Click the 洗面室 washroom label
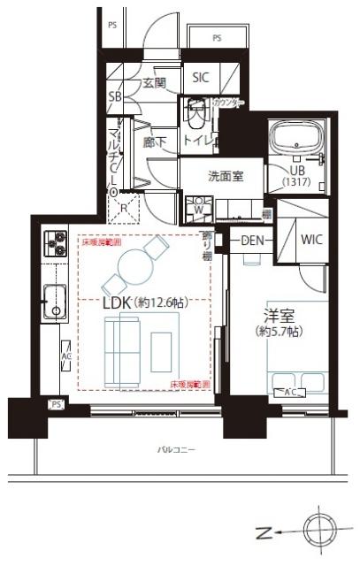[x=226, y=176]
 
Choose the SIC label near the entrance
[x=201, y=78]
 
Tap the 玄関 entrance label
[x=154, y=84]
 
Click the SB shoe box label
[x=115, y=96]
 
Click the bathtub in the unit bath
[x=299, y=141]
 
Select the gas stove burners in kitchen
[x=55, y=243]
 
